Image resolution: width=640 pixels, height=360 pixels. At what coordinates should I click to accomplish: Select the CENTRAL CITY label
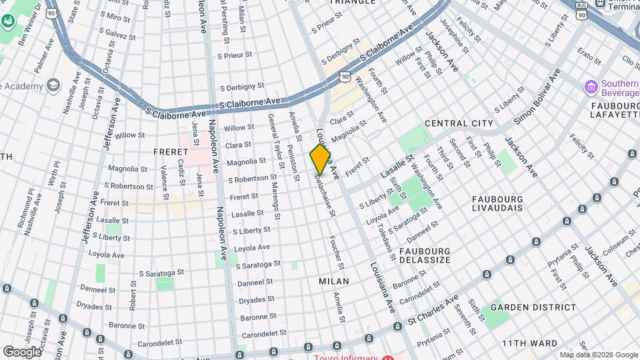[459, 123]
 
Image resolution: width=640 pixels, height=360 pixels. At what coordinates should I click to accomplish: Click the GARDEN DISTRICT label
[533, 307]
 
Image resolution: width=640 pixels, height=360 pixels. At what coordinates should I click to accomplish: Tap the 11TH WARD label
[530, 343]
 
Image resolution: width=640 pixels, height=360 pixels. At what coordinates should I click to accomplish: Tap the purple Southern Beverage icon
[589, 87]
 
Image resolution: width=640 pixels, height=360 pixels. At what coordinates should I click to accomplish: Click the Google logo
[22, 351]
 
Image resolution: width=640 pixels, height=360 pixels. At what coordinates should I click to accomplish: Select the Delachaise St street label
[325, 195]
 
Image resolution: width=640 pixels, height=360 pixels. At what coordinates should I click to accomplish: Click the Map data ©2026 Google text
[598, 355]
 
